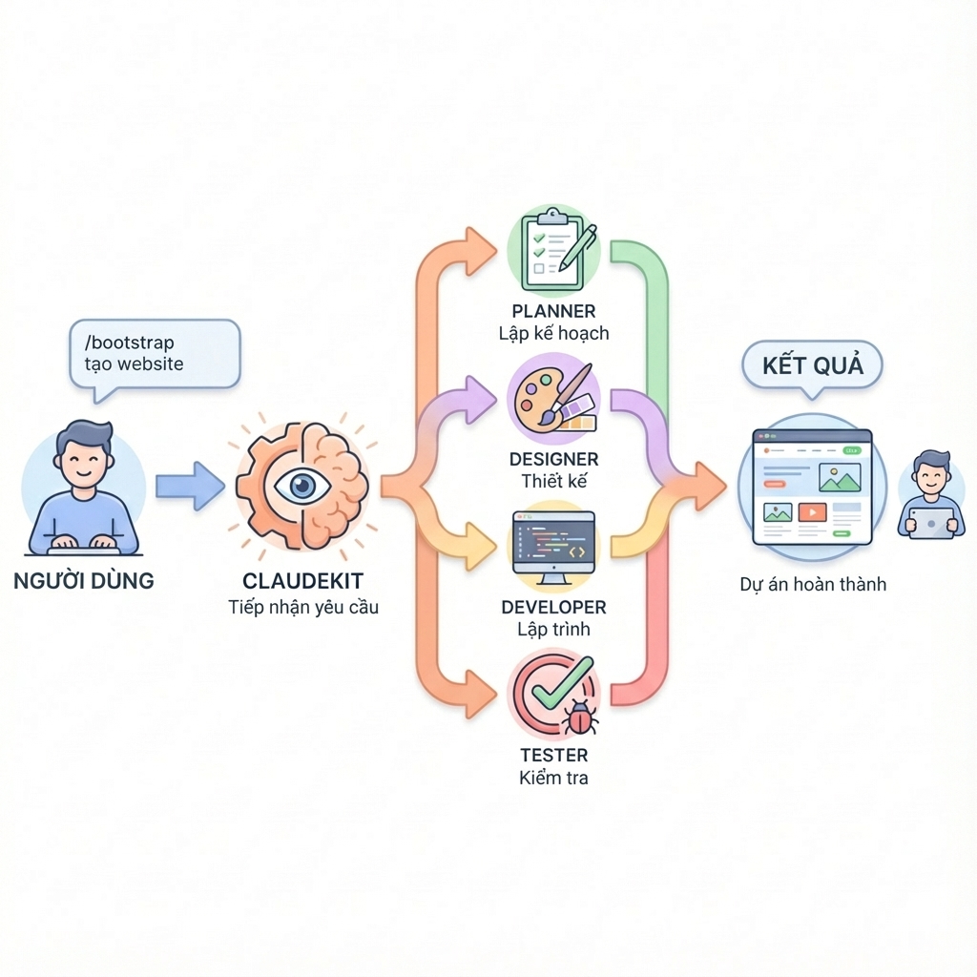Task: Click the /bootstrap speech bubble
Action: point(153,353)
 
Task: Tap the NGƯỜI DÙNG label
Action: point(84,581)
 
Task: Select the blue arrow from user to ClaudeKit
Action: point(189,487)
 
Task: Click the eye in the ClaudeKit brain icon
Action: point(303,487)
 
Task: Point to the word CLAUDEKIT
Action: point(303,581)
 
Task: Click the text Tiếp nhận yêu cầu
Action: point(303,608)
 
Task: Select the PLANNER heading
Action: point(553,311)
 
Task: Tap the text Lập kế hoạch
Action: point(553,334)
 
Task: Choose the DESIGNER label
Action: point(553,459)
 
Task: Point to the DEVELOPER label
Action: point(553,607)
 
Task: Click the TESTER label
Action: point(553,755)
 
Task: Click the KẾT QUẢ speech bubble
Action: point(812,367)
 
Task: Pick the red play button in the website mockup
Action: point(812,512)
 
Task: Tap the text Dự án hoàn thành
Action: point(813,584)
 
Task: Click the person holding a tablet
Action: point(929,496)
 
